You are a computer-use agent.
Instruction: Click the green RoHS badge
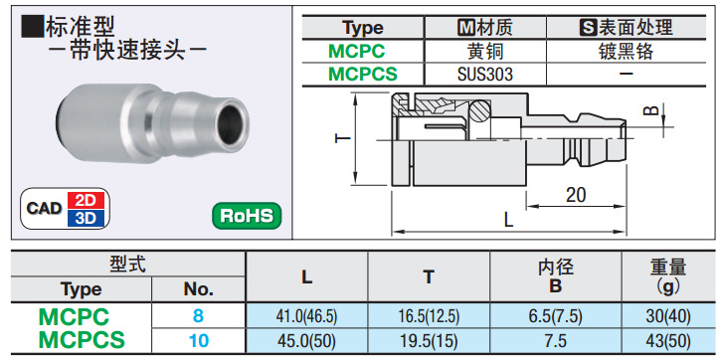[247, 216]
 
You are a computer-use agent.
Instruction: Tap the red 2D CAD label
[86, 200]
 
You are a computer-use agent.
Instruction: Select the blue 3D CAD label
[86, 218]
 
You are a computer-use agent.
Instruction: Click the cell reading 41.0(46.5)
[306, 316]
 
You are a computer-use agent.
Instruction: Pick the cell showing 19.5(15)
[429, 341]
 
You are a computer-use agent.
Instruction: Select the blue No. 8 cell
[198, 316]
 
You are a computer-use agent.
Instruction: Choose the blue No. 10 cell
[198, 341]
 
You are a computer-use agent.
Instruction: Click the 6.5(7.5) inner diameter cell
[556, 316]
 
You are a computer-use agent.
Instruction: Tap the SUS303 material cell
[484, 74]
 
